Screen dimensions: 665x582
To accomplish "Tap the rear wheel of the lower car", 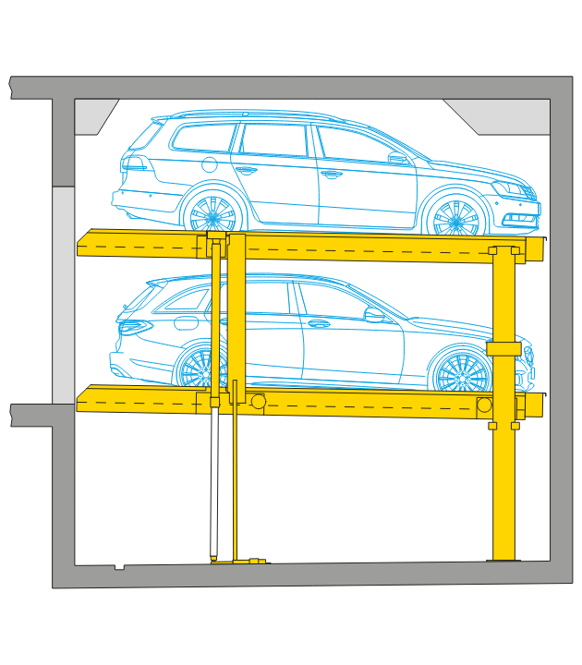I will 200,368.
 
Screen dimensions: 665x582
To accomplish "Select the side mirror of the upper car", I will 398,158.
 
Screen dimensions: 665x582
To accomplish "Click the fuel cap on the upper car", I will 210,165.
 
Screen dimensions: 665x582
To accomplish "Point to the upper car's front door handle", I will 333,173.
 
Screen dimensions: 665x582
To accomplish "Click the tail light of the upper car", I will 136,163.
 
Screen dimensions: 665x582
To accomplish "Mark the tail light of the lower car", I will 135,326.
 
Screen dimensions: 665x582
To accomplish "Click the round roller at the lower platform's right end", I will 484,405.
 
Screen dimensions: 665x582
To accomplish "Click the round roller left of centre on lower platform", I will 259,401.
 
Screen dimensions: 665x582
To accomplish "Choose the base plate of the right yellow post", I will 503,560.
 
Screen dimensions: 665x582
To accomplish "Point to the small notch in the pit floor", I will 119,566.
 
